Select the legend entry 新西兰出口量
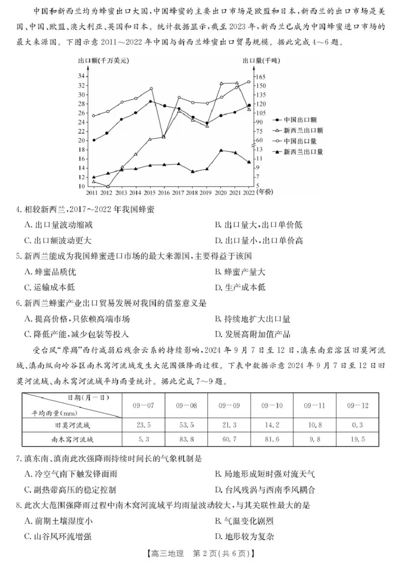302,152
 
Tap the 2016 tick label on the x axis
163,192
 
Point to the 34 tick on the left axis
81,76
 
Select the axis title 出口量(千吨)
262,61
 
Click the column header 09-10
272,404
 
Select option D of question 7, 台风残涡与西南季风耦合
265,489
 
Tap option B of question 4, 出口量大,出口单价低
258,225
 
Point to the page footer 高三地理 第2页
200,553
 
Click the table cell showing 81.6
272,439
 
